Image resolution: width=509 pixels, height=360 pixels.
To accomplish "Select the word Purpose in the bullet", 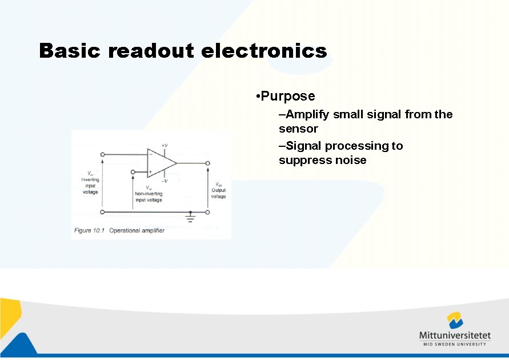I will [x=288, y=96].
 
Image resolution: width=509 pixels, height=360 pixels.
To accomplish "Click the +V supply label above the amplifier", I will [x=165, y=146].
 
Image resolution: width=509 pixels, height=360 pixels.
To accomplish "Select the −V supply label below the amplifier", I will [x=165, y=181].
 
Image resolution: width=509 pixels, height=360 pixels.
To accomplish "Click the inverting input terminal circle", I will [x=103, y=154].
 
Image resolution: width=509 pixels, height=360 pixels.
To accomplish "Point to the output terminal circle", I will [x=207, y=163].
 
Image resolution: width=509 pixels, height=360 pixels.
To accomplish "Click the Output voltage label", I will [x=218, y=191].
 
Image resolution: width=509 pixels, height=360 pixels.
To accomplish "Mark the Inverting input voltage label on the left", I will [x=90, y=182].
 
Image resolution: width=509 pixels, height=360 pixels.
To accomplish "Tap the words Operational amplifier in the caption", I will [x=137, y=230].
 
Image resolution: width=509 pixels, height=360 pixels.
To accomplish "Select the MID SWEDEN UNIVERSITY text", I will [x=455, y=344].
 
